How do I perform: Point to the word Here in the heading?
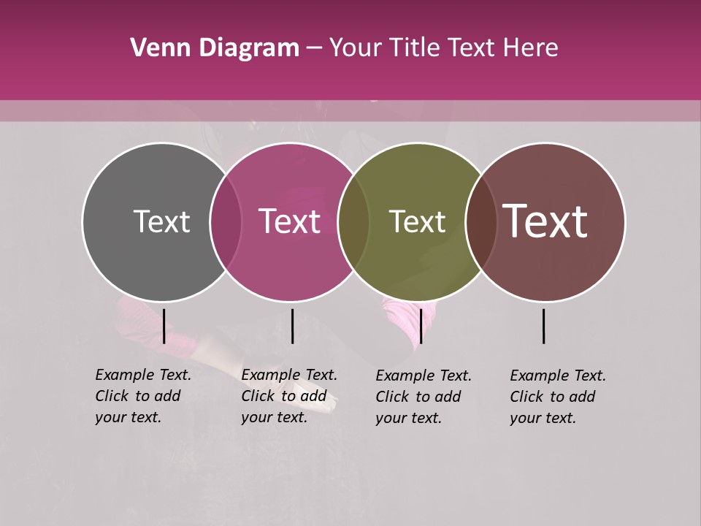pos(532,48)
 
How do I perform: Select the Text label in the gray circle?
pos(161,221)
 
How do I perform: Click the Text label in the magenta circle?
pos(290,221)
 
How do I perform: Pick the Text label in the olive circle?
pos(417,221)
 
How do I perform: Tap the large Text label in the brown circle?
pos(545,221)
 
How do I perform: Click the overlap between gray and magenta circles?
pos(226,222)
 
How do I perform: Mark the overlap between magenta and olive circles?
pos(353,222)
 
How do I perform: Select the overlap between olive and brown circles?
pos(480,222)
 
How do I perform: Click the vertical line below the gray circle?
pos(164,326)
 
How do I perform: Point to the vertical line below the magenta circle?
pos(292,326)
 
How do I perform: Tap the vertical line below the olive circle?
pos(421,326)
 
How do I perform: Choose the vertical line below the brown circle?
pos(544,326)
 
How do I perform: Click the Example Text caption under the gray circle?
pos(143,396)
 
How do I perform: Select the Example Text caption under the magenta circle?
pos(289,396)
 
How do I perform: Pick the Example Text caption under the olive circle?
pos(424,397)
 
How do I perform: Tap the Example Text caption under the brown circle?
pos(558,397)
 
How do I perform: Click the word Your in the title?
pos(356,48)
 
